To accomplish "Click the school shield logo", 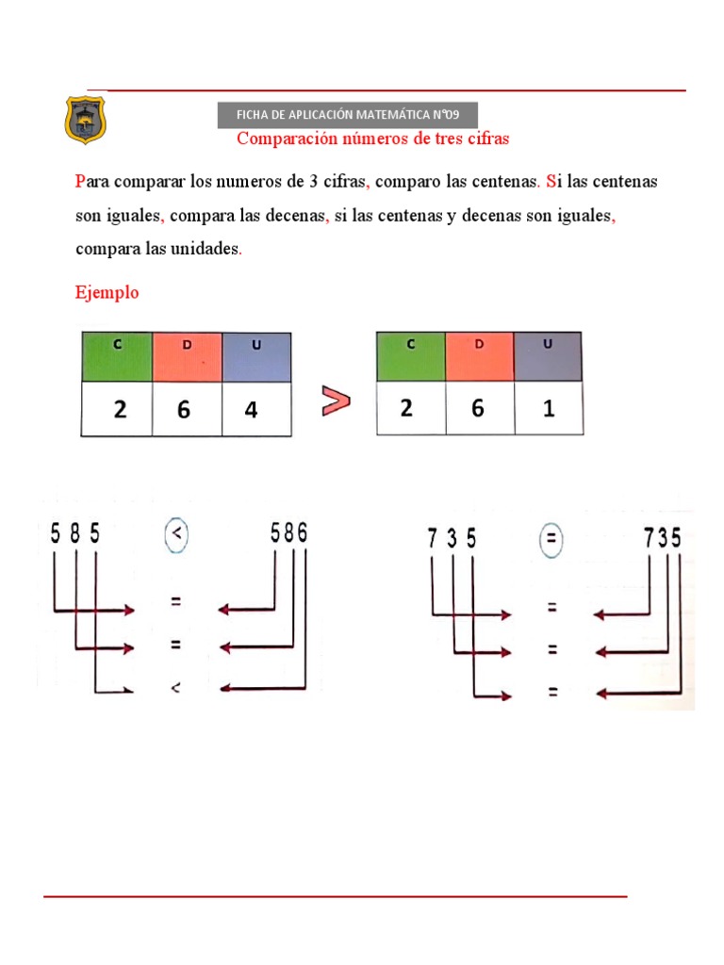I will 85,120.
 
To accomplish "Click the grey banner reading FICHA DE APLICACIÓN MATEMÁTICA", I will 348,115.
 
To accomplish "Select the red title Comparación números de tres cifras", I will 372,139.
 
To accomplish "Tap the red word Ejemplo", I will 107,292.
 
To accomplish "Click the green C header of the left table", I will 117,356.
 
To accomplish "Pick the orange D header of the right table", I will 479,356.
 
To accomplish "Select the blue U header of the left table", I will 256,356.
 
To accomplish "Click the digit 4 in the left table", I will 252,411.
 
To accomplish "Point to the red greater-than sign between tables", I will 336,401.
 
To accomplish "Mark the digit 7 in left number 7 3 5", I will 432,539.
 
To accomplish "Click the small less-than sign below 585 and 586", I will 175,688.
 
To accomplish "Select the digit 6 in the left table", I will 184,411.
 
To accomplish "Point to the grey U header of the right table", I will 549,356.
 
